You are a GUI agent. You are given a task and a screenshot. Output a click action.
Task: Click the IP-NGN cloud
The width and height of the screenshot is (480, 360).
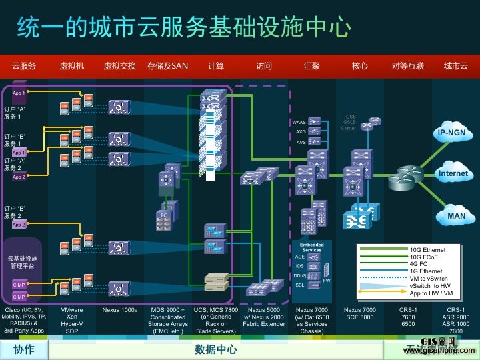[455, 133]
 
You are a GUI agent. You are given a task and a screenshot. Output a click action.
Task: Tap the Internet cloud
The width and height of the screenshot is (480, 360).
[453, 173]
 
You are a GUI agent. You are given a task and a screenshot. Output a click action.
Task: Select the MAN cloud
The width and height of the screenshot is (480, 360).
[457, 216]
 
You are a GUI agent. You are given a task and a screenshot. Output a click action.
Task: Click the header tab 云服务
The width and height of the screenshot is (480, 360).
[23, 66]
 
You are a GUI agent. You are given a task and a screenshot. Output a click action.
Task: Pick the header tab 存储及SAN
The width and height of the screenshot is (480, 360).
[168, 66]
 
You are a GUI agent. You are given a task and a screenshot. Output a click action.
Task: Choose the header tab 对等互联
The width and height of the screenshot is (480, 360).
[408, 66]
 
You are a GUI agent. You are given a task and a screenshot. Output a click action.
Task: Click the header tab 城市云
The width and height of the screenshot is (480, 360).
[456, 66]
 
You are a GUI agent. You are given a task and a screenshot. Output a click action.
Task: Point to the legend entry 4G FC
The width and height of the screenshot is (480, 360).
[421, 264]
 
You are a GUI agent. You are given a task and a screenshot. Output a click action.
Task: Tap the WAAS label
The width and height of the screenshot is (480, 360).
[299, 123]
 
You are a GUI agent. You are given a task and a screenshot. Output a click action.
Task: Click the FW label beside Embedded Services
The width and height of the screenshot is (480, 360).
[326, 281]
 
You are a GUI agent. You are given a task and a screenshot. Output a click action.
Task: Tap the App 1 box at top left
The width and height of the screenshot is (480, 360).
[19, 93]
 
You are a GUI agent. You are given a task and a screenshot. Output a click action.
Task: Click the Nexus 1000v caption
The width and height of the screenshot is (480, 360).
[120, 311]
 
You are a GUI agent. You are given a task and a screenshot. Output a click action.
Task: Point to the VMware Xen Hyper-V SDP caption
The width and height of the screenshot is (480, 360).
[71, 320]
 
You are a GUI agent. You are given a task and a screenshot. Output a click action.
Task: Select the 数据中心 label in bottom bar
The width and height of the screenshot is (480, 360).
[215, 349]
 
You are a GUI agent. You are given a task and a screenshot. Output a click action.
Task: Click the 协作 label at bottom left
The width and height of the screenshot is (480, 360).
[23, 349]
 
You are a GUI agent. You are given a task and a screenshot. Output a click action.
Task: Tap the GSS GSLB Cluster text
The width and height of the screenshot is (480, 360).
[349, 122]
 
